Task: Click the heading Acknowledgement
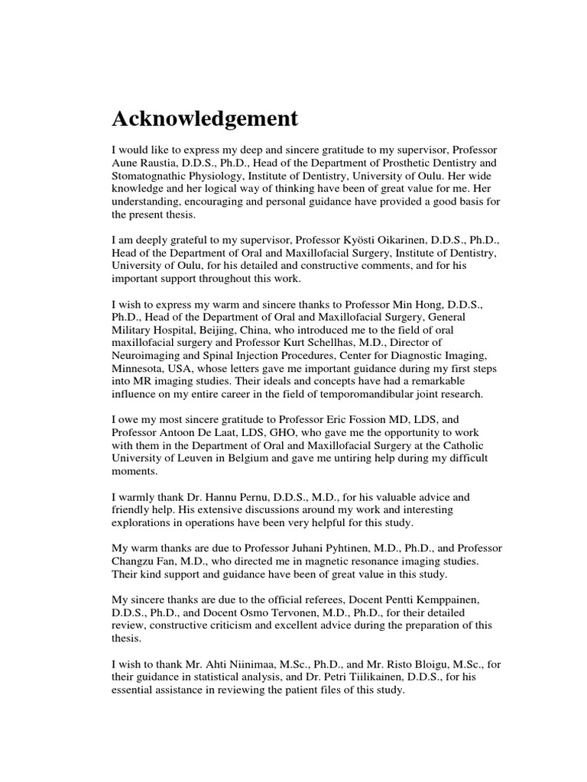click(x=205, y=120)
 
